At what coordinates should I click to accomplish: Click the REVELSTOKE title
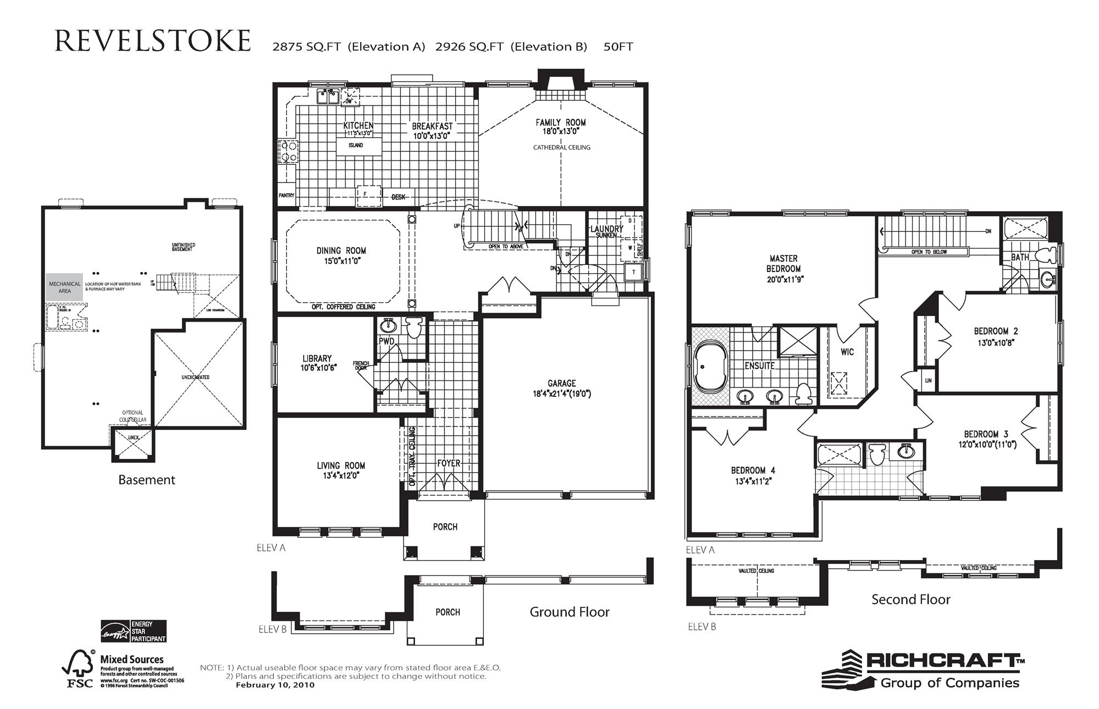[153, 42]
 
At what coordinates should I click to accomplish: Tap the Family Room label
[560, 123]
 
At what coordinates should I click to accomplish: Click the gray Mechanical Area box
[64, 287]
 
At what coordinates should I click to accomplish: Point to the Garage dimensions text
[561, 394]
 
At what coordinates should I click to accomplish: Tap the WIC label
[847, 352]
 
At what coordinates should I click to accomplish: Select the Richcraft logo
[924, 669]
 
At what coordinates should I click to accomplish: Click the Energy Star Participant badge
[134, 631]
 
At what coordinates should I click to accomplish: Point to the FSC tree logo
[79, 668]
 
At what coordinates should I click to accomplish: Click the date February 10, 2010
[275, 685]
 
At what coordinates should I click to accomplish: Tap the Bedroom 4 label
[753, 470]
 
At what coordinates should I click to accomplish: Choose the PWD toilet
[414, 326]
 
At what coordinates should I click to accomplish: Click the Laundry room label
[606, 229]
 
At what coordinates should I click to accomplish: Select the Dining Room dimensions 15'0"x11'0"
[341, 261]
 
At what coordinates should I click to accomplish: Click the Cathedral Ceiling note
[561, 147]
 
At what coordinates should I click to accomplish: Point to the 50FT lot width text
[618, 47]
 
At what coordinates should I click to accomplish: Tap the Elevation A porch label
[445, 527]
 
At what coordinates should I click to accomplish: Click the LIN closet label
[928, 380]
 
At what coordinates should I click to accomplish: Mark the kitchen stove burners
[288, 152]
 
